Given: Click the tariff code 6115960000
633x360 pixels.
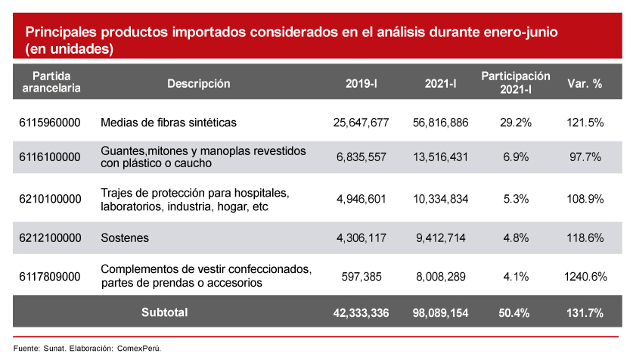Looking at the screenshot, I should point(50,123).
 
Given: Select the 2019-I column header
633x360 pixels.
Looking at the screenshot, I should point(361,84).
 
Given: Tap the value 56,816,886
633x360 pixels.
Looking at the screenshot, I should point(441,123).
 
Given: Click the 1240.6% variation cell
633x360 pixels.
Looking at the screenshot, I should point(585,277).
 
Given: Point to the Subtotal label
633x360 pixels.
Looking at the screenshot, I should point(165,312).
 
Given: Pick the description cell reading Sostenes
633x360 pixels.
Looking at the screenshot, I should point(125,238).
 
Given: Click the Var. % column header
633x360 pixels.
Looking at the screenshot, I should point(585,84).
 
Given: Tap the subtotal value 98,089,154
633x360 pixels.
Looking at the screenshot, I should point(441,312).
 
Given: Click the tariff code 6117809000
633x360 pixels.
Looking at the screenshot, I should point(50,277).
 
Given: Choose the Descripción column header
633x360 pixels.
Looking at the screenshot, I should point(198,84).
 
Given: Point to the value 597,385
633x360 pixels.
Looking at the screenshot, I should point(367,277).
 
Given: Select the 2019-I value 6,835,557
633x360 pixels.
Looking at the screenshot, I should point(361,157).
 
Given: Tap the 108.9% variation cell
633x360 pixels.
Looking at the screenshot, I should point(585,200).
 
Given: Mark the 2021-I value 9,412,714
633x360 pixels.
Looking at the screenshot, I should point(441,238).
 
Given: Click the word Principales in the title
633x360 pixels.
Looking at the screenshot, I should point(64,33).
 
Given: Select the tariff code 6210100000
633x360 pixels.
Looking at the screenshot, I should point(50,200).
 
